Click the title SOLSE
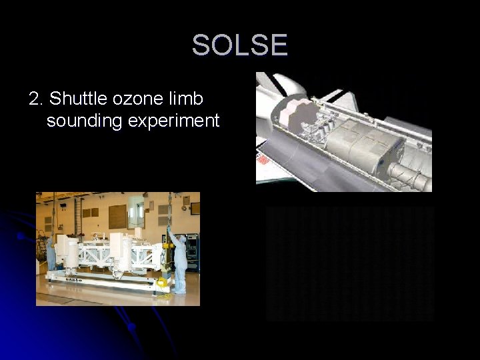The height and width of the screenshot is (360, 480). [240, 45]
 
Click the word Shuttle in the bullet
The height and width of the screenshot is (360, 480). [74, 99]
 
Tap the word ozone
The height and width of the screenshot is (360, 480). [135, 99]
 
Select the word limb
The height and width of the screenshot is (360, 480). [189, 99]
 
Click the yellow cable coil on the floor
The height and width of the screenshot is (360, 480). [162, 283]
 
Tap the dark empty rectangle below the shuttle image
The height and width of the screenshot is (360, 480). [351, 263]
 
